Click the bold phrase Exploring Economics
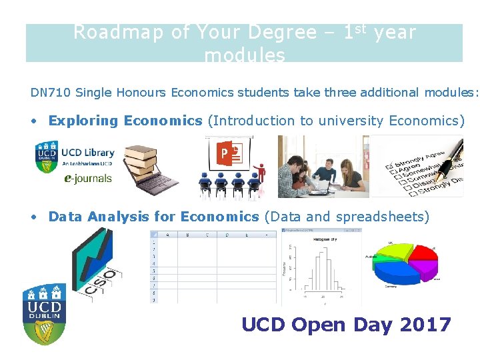pyautogui.click(x=125, y=121)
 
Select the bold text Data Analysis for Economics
pyautogui.click(x=153, y=217)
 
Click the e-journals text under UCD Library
pyautogui.click(x=87, y=178)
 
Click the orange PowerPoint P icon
pyautogui.click(x=224, y=154)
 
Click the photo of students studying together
pyautogui.click(x=323, y=167)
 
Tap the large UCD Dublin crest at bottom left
pyautogui.click(x=45, y=313)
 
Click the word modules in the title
pyautogui.click(x=245, y=56)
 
